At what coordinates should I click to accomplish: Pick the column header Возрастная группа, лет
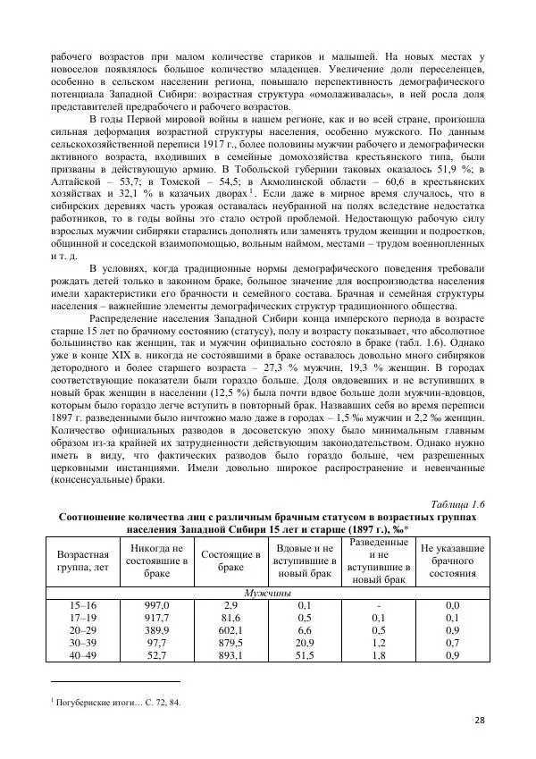pos(81,561)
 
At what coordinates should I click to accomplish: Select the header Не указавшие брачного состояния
pos(452,561)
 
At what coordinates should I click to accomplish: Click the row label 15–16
pos(81,605)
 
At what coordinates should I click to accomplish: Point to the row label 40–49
pos(81,655)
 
